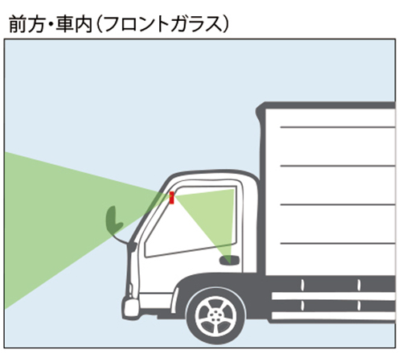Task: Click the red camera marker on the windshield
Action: point(172,198)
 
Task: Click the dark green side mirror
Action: point(113,220)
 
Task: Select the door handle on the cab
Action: point(229,260)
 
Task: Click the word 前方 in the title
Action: point(27,25)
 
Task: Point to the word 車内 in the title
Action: point(74,25)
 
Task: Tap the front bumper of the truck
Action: point(130,307)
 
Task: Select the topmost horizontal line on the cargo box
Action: point(338,127)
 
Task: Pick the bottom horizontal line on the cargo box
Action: point(338,243)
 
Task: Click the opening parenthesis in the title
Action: point(98,25)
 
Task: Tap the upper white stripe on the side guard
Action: point(334,296)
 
